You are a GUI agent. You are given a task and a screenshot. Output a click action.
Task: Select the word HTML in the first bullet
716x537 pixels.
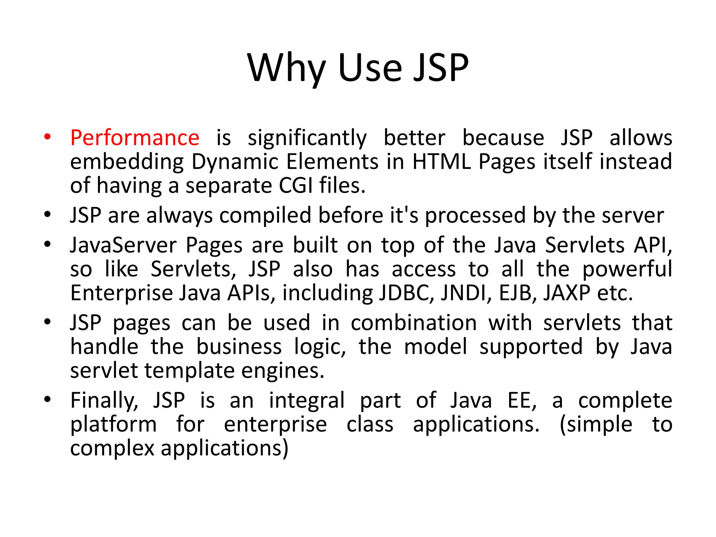pyautogui.click(x=442, y=162)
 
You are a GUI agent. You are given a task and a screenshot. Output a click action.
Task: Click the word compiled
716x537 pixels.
pyautogui.click(x=265, y=215)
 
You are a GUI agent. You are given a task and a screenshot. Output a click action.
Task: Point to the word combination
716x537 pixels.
pyautogui.click(x=414, y=323)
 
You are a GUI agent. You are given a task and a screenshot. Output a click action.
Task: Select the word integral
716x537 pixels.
pyautogui.click(x=307, y=401)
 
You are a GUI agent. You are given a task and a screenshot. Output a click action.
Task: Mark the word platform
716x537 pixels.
pyautogui.click(x=113, y=425)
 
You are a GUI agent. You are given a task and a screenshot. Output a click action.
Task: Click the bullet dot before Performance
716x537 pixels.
pyautogui.click(x=48, y=137)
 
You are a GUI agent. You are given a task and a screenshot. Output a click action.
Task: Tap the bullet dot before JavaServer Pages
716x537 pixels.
pyautogui.click(x=48, y=244)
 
